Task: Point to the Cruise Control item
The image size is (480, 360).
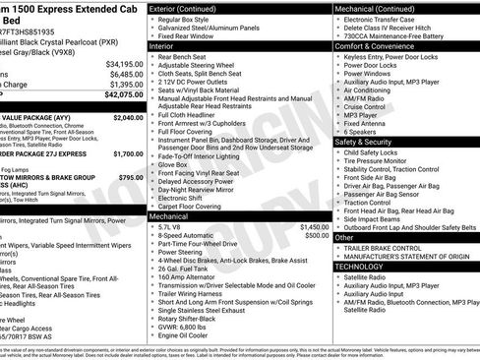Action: [x=368, y=105]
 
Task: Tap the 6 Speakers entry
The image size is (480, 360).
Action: [x=361, y=131]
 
